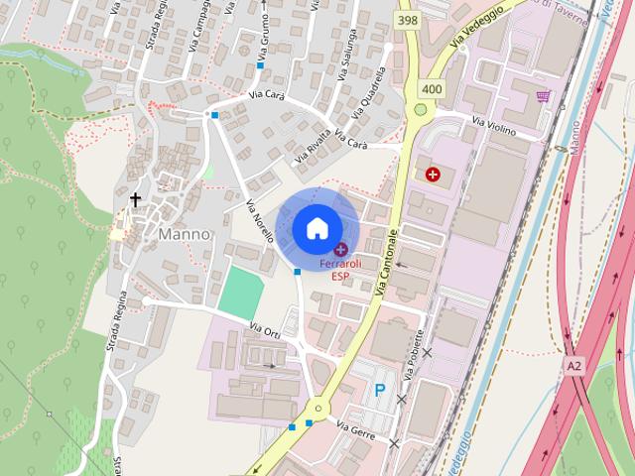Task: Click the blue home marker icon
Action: (x=316, y=228)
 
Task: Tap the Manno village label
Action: (x=185, y=235)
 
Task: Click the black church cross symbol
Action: (x=136, y=200)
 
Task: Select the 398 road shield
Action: (x=406, y=20)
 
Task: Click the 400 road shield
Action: (x=432, y=88)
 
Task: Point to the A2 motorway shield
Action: (x=574, y=366)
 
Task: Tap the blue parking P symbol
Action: (x=379, y=391)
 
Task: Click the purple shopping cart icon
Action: (x=543, y=96)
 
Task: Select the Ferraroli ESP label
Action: (x=340, y=270)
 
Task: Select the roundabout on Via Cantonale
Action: (x=317, y=407)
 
